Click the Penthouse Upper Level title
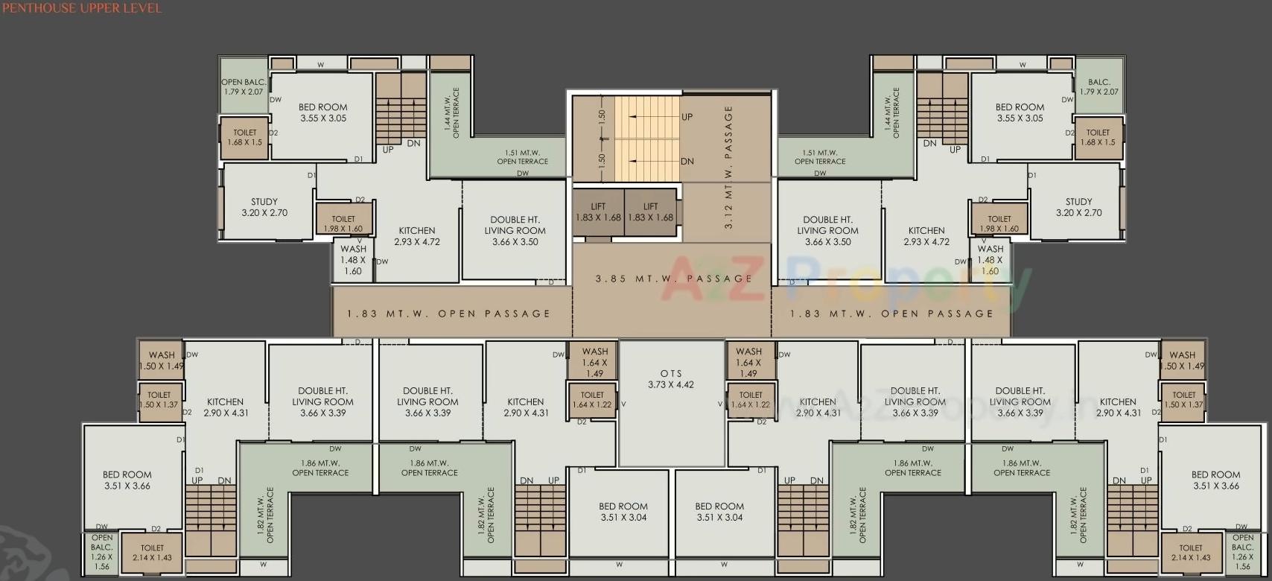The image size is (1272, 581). (81, 8)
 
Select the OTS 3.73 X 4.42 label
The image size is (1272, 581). (670, 379)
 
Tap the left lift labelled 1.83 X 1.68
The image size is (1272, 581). (598, 212)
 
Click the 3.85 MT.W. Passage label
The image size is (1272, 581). (673, 279)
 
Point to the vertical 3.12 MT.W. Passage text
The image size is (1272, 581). (728, 167)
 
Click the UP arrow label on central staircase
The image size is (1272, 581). (687, 117)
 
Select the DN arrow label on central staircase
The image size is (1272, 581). (687, 161)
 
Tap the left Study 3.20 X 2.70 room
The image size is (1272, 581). (264, 207)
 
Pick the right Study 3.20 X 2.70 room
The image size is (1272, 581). (1078, 207)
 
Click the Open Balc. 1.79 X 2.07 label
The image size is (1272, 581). (243, 87)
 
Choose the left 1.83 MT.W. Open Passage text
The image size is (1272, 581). (448, 314)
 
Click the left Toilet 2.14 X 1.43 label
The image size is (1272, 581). (153, 553)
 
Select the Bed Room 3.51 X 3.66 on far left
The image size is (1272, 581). (127, 480)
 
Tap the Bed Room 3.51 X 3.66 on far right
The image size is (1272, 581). (1215, 480)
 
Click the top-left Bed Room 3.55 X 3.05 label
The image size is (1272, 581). (322, 112)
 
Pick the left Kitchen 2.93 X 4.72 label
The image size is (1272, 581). (417, 236)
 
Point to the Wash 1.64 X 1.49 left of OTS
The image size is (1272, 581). (594, 362)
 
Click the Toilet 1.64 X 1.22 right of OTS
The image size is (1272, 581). (751, 400)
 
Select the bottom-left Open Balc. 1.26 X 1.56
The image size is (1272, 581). (102, 552)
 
